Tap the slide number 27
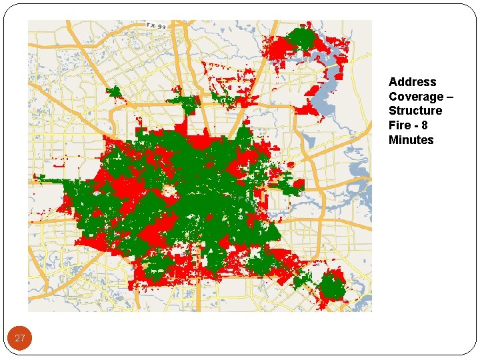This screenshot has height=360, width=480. pyautogui.click(x=20, y=339)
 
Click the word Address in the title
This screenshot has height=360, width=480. pyautogui.click(x=413, y=82)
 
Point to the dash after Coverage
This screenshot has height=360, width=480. pyautogui.click(x=450, y=97)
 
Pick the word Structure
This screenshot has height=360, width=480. pyautogui.click(x=415, y=111)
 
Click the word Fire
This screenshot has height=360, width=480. pyautogui.click(x=399, y=125)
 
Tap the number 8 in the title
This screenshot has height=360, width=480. pyautogui.click(x=425, y=125)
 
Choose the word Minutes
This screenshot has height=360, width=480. pyautogui.click(x=411, y=140)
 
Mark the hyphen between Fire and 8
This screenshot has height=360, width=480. pyautogui.click(x=415, y=125)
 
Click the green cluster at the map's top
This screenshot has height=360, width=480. pyautogui.click(x=301, y=39)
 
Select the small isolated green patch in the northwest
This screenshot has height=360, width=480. pyautogui.click(x=113, y=92)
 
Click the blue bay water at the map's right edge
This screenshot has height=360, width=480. pyautogui.click(x=363, y=193)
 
